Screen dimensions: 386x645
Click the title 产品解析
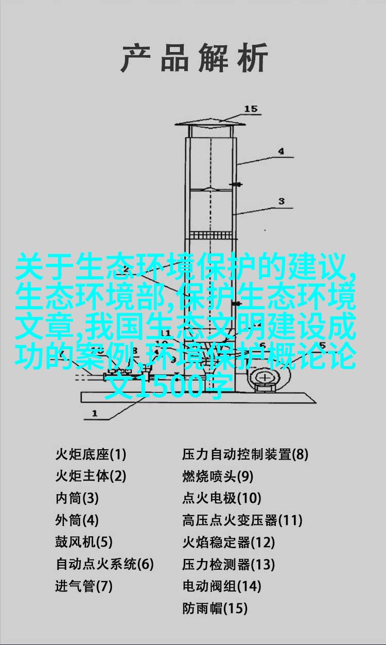coord(195,58)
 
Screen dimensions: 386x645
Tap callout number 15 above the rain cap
coord(251,109)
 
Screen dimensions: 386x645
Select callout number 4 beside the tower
coord(281,151)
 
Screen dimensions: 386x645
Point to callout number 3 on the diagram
coord(282,201)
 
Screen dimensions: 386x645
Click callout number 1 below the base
coord(95,414)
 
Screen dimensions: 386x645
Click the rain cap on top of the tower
coord(210,124)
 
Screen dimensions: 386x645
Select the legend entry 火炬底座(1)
coord(91,455)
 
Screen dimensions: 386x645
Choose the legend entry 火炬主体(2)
coord(91,476)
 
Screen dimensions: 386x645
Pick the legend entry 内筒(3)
coord(77,498)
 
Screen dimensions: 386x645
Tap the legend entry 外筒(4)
coord(77,520)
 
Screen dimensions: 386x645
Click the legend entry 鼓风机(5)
coord(84,542)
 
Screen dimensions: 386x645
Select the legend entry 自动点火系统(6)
coord(104,564)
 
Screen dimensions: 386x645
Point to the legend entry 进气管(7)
coord(84,586)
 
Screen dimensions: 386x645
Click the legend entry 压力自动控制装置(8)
coord(245,455)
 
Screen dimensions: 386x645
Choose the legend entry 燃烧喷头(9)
coord(218,476)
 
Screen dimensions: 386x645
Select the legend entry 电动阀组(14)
coord(221,586)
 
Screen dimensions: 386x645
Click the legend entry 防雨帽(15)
coord(215,607)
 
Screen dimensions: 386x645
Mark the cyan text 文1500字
coord(169,386)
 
